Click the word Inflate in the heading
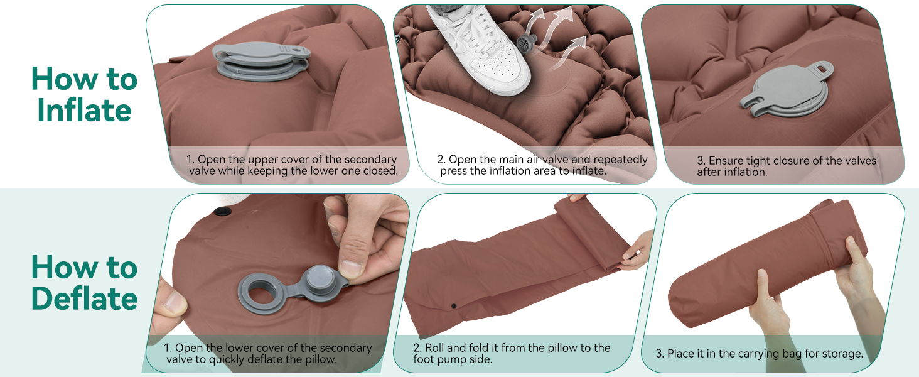(x=84, y=110)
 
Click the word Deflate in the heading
(x=84, y=298)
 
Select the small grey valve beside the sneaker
(x=527, y=43)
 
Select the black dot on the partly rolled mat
(x=454, y=307)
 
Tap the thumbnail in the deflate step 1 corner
(x=175, y=303)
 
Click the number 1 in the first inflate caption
(x=190, y=160)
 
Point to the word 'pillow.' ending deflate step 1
(x=321, y=360)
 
